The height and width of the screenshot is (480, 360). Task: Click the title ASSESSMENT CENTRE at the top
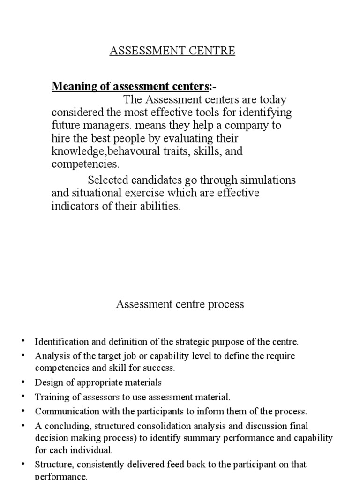coord(172,51)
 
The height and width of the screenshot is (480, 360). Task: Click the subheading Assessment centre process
coord(180,304)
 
